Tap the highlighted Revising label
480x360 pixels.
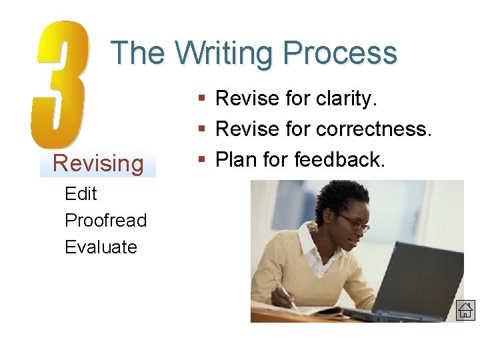[98, 163]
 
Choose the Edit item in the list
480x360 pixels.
[81, 194]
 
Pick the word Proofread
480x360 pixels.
[105, 221]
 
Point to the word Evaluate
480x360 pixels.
[101, 247]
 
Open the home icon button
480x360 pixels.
[465, 310]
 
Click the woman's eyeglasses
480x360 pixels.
[354, 222]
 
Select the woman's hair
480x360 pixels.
[341, 197]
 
